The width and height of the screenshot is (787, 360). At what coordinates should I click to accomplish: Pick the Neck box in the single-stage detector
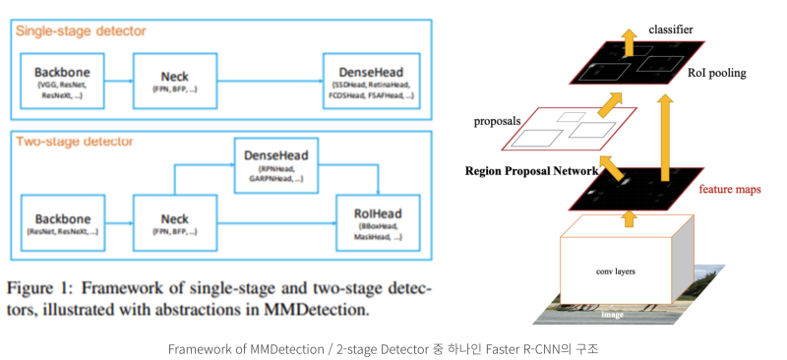coord(174,81)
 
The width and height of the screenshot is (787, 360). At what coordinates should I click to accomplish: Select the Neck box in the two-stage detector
coord(174,221)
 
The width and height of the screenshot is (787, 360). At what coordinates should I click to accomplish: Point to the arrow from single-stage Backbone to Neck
coord(118,82)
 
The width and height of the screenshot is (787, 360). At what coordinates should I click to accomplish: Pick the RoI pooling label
coord(715,72)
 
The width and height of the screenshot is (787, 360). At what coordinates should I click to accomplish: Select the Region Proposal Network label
coord(531,170)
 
